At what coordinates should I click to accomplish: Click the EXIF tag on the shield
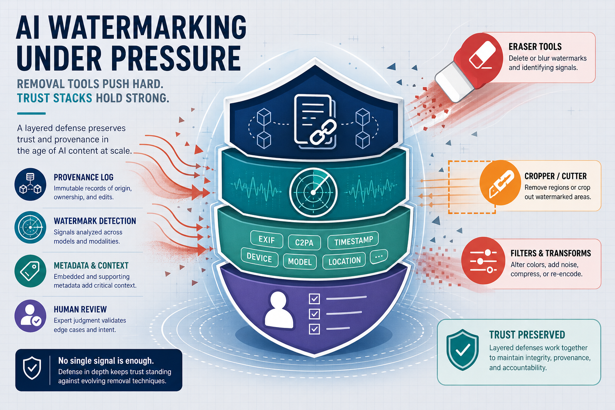pos(267,240)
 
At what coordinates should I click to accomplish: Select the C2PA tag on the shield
pos(304,242)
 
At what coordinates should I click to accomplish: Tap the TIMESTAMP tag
pos(354,241)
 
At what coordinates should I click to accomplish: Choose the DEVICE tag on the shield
pos(259,258)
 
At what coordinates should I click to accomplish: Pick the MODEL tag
pos(299,261)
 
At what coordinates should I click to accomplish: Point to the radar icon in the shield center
pos(313,193)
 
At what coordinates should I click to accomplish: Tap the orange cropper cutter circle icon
pos(500,183)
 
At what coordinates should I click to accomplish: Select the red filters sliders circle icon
pos(483,260)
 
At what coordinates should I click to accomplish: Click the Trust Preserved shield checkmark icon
pos(462,350)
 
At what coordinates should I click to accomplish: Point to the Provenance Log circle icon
pos(30,184)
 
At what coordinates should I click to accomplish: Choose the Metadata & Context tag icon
pos(30,271)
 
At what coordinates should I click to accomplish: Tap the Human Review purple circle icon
pos(30,316)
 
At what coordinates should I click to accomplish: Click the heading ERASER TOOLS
pos(535,47)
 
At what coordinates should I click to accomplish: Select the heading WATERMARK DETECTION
pos(95,221)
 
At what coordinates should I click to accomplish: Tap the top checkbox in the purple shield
pos(314,299)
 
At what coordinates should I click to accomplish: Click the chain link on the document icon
pos(323,132)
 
